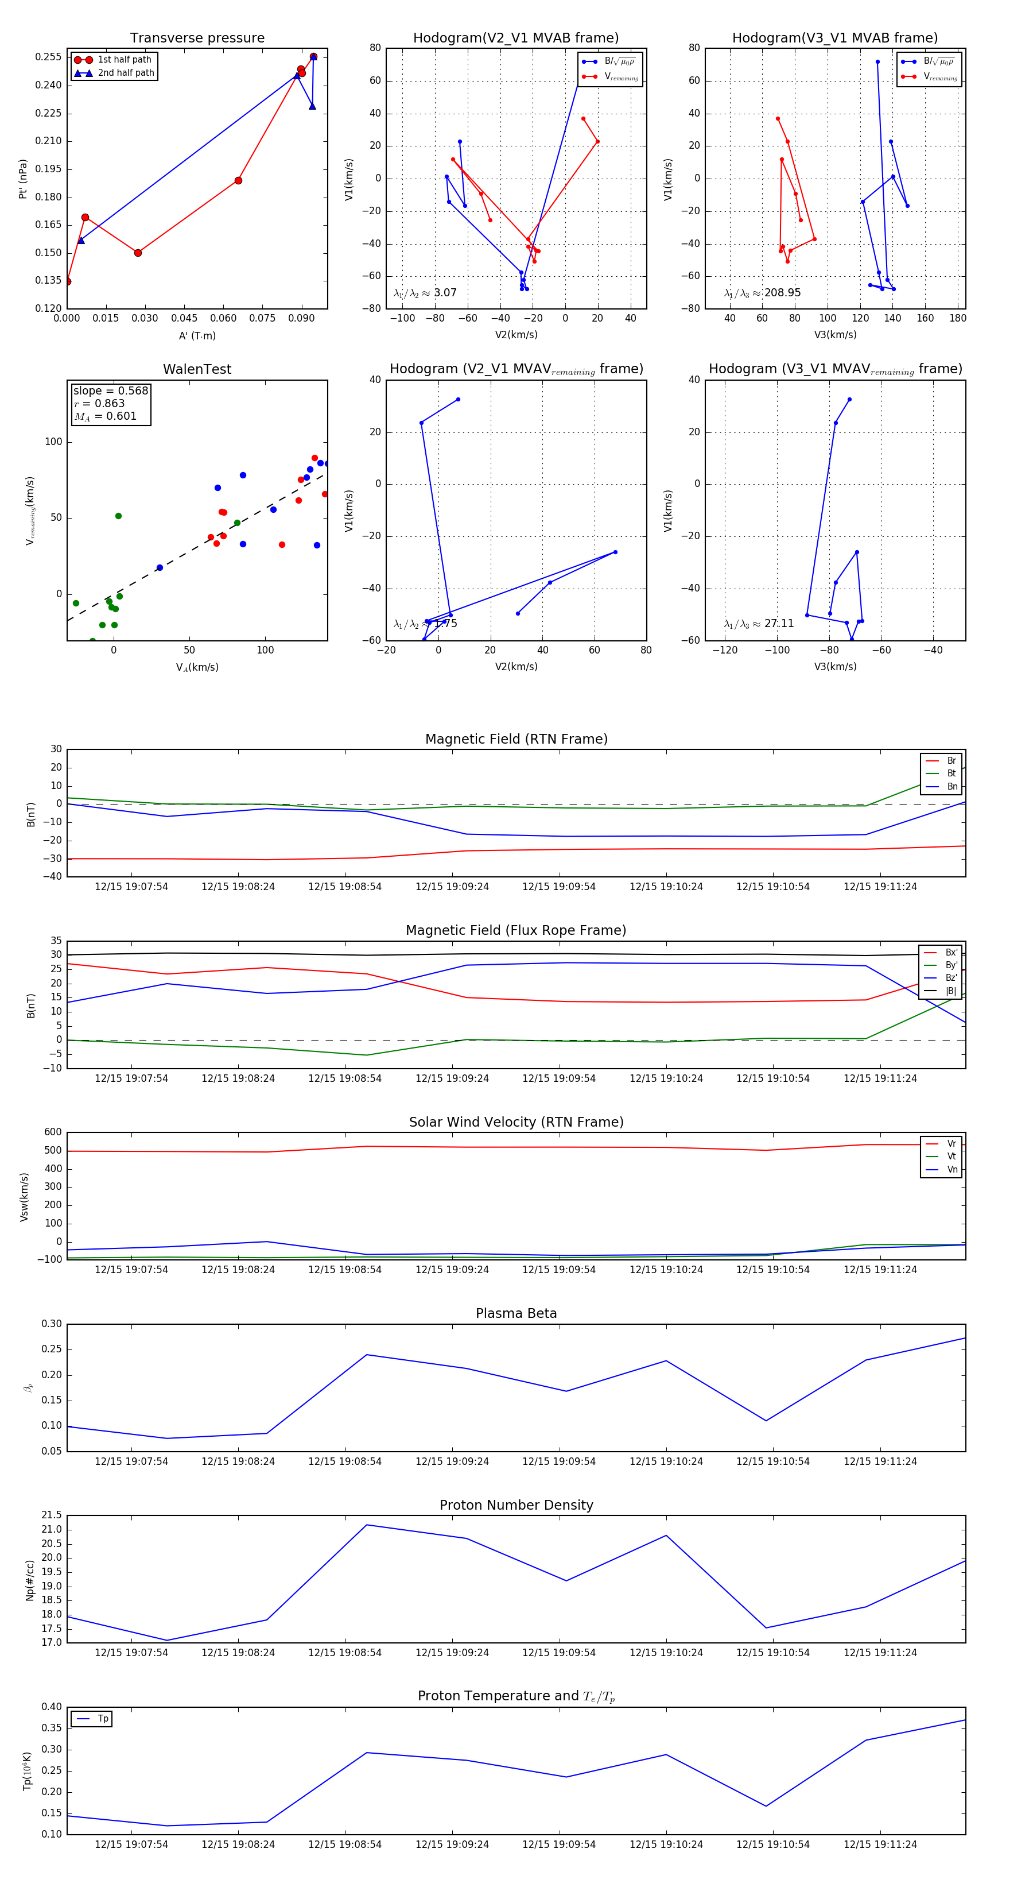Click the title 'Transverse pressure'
(197, 38)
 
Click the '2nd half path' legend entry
(126, 73)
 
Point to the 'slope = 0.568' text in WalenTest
(110, 390)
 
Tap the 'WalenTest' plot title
(197, 369)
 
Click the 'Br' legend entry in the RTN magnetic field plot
(951, 761)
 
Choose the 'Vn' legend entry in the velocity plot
(952, 1170)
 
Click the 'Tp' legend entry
(103, 1719)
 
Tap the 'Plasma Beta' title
(516, 1313)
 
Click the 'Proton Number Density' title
(516, 1505)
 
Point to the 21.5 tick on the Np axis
(52, 1515)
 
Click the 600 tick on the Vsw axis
(53, 1132)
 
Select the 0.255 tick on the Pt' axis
(49, 57)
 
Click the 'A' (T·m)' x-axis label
(197, 336)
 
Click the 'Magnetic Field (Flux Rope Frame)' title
(516, 931)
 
